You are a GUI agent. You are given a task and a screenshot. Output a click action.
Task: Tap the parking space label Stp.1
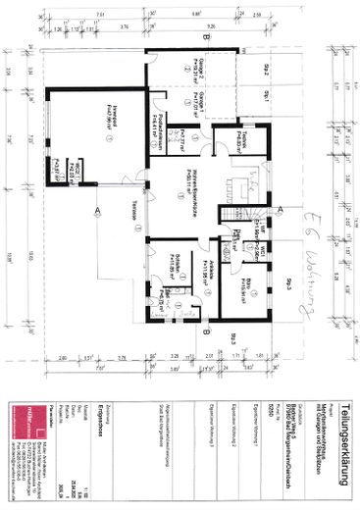coord(266,95)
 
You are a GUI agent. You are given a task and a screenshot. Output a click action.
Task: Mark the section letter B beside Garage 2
coord(202,38)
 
